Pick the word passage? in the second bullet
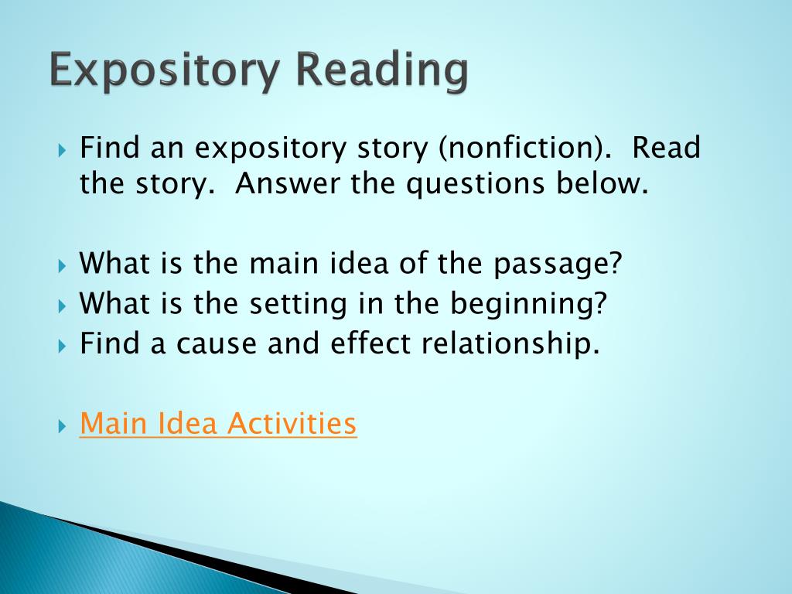[x=558, y=265]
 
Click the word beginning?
[x=531, y=305]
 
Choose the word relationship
[x=510, y=343]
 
